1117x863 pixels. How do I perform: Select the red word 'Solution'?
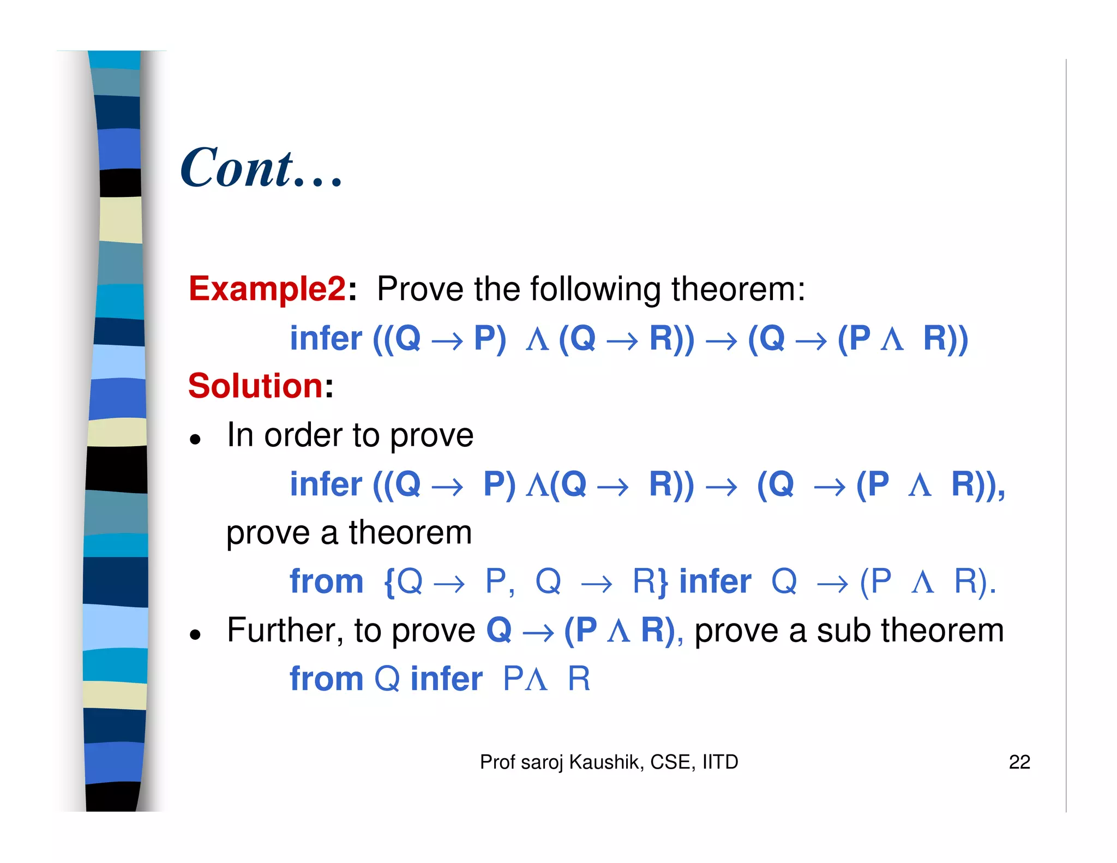pyautogui.click(x=256, y=386)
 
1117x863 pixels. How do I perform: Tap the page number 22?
pyautogui.click(x=1019, y=762)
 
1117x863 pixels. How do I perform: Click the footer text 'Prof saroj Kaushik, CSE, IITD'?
pyautogui.click(x=609, y=762)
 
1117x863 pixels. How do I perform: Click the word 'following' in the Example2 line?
pyautogui.click(x=594, y=289)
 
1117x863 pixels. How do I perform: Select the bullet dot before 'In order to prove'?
pyautogui.click(x=195, y=439)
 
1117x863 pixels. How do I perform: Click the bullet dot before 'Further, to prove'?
pyautogui.click(x=195, y=634)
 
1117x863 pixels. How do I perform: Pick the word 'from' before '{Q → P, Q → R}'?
pyautogui.click(x=326, y=581)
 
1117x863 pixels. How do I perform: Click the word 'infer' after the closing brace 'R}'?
pyautogui.click(x=715, y=581)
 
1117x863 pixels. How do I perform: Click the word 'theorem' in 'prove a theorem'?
pyautogui.click(x=410, y=532)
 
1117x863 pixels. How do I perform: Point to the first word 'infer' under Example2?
pyautogui.click(x=326, y=338)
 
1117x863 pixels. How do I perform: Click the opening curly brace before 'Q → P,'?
pyautogui.click(x=389, y=582)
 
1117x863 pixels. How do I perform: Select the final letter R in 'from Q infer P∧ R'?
pyautogui.click(x=579, y=679)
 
